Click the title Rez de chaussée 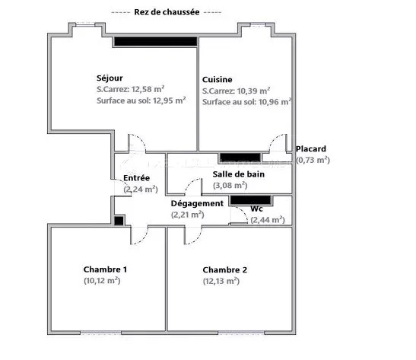pos(167,12)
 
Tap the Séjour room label pos(110,78)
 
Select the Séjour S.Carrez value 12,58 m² pos(148,89)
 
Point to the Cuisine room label pos(217,80)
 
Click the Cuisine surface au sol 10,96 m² pos(275,102)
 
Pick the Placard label pos(311,148)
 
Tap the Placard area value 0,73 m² pos(313,160)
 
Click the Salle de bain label pos(239,174)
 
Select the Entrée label pos(136,178)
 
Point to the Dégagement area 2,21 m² pos(188,215)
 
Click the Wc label pos(256,209)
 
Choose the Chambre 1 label pos(105,269)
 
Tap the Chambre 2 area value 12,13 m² pos(221,281)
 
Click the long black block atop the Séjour pos(155,42)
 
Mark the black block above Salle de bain pos(240,158)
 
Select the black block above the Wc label pos(251,200)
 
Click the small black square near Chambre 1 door pos(119,221)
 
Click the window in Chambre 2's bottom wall pos(241,332)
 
